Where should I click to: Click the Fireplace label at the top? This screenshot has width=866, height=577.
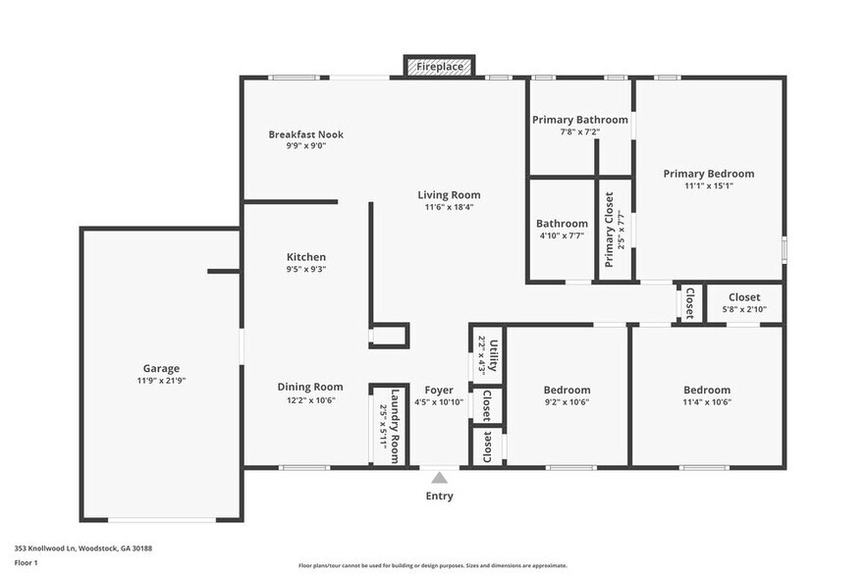pyautogui.click(x=440, y=67)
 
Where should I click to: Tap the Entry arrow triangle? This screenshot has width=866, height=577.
pyautogui.click(x=439, y=478)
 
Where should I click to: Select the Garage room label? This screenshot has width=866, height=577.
pyautogui.click(x=161, y=368)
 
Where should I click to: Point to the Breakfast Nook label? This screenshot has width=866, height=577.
pyautogui.click(x=306, y=134)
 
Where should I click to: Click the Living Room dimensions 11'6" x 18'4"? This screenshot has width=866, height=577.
pyautogui.click(x=449, y=207)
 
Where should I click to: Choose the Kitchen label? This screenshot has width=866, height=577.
pyautogui.click(x=306, y=257)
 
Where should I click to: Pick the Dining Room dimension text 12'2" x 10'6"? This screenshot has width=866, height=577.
pyautogui.click(x=310, y=400)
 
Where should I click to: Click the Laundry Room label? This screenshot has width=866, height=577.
pyautogui.click(x=395, y=426)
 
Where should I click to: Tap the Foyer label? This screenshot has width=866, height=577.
pyautogui.click(x=439, y=391)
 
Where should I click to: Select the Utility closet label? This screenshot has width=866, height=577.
pyautogui.click(x=494, y=356)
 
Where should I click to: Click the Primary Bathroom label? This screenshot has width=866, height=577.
pyautogui.click(x=580, y=120)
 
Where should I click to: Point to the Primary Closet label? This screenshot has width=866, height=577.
pyautogui.click(x=609, y=230)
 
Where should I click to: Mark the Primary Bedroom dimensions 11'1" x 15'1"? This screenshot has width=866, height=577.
pyautogui.click(x=709, y=186)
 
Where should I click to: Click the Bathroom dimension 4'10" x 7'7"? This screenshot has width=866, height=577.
pyautogui.click(x=562, y=236)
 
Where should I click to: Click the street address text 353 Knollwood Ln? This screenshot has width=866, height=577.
pyautogui.click(x=45, y=549)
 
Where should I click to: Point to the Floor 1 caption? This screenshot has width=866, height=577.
pyautogui.click(x=26, y=563)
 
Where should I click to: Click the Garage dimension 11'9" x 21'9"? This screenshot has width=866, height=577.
pyautogui.click(x=161, y=381)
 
